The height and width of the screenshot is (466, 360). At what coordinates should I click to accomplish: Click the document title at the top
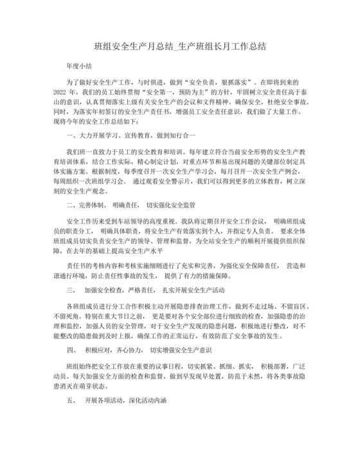coord(180,47)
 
